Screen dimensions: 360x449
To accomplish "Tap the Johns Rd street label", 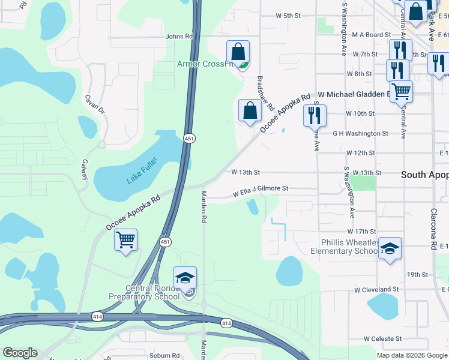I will coord(179,37).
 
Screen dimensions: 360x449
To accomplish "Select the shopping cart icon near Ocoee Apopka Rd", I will coord(125,240).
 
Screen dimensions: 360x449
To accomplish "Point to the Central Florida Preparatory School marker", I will coord(185,278).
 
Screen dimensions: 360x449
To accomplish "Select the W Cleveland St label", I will coord(376,289).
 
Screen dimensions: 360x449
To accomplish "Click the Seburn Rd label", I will coord(164,355).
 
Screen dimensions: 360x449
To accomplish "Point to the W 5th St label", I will coord(288,16).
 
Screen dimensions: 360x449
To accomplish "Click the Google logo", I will coord(20,353).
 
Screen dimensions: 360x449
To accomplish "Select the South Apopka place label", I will coord(424,175).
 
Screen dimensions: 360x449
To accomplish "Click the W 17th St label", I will coord(361,232).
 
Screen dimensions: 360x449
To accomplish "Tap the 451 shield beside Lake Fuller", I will coord(189,138).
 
